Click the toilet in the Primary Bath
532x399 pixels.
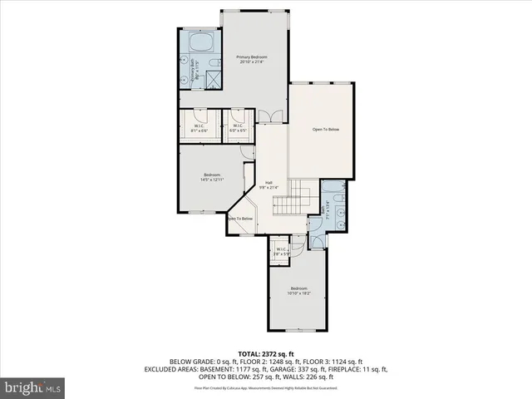(213, 63)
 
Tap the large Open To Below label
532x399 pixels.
(326, 130)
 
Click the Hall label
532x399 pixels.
(268, 185)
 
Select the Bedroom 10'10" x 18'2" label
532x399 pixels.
(298, 291)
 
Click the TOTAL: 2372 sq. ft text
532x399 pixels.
(266, 353)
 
